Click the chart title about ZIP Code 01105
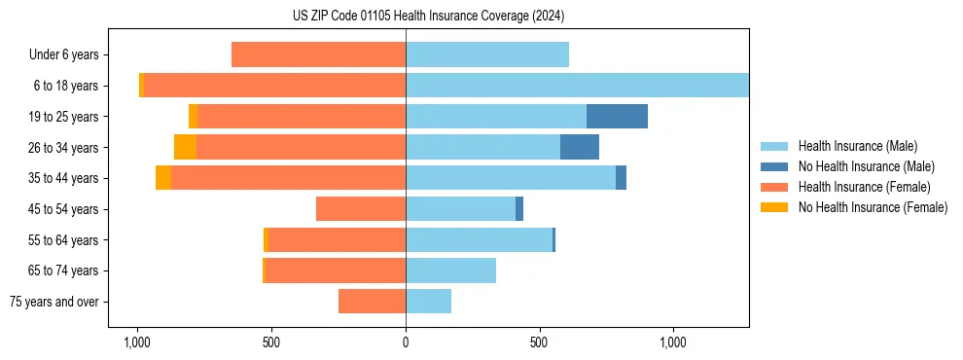tap(428, 17)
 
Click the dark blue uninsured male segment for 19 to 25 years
tap(617, 116)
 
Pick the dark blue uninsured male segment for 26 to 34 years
tap(580, 147)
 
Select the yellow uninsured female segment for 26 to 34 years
tap(185, 147)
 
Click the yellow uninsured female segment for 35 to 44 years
tap(163, 178)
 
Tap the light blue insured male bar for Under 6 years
tap(486, 54)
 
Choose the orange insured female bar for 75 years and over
tap(372, 302)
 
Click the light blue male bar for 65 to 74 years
tap(450, 270)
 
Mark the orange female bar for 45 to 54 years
tap(361, 209)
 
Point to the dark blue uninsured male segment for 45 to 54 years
tap(519, 209)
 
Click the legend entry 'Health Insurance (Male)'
tap(857, 147)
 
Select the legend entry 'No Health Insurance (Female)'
tap(873, 207)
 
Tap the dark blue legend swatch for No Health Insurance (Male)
tap(774, 167)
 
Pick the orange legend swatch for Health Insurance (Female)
tap(774, 187)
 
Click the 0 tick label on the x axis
tap(406, 342)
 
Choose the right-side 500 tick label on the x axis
tap(539, 342)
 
